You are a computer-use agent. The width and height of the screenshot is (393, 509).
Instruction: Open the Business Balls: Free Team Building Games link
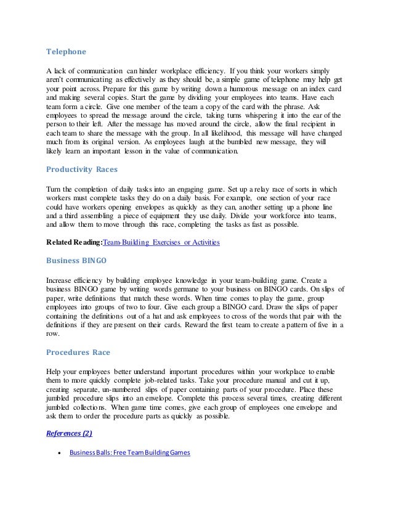pyautogui.click(x=130, y=453)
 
